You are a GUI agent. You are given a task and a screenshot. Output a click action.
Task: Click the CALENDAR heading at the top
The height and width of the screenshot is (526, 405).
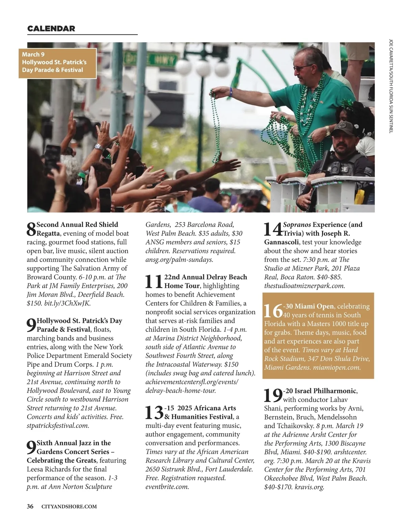click(x=51, y=29)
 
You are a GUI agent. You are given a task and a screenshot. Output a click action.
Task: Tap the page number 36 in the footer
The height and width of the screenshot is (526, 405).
click(x=30, y=506)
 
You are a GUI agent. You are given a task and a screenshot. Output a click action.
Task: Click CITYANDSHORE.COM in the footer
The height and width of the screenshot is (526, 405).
click(x=69, y=506)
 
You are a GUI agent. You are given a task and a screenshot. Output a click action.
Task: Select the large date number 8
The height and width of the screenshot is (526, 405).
click(x=31, y=229)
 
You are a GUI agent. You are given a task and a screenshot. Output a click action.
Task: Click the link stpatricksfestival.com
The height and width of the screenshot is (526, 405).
click(x=58, y=426)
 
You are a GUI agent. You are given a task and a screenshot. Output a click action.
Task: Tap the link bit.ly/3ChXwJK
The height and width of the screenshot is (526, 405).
click(x=67, y=303)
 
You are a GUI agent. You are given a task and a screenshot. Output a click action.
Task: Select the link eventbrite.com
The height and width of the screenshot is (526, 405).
click(x=167, y=487)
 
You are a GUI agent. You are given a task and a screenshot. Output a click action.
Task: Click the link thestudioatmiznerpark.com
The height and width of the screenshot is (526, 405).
click(x=304, y=286)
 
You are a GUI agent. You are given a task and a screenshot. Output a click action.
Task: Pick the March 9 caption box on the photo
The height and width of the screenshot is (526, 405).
click(x=57, y=62)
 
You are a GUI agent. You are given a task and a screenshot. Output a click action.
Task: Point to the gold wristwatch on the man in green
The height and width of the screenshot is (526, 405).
click(x=328, y=131)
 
